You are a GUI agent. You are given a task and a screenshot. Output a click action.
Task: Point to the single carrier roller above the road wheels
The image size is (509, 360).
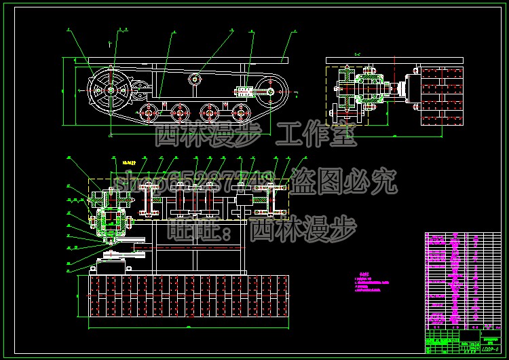click(x=195, y=79)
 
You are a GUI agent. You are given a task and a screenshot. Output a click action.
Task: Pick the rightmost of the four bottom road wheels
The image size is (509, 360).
click(x=240, y=111)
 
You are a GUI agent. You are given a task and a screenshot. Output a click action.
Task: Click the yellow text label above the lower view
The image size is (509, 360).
click(x=129, y=164)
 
